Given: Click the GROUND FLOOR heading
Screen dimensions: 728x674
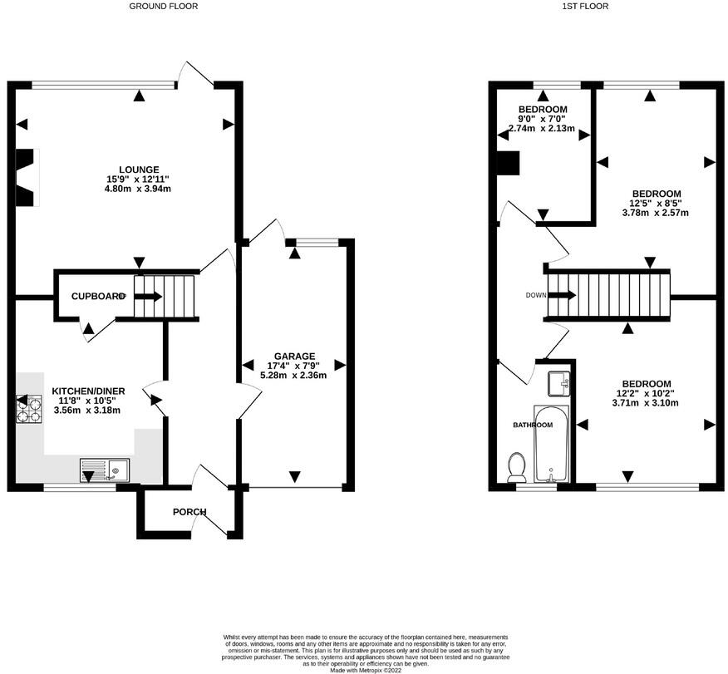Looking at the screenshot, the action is click(x=163, y=6).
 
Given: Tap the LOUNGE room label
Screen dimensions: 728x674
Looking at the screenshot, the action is click(x=139, y=170).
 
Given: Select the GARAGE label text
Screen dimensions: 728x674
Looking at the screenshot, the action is click(x=294, y=357).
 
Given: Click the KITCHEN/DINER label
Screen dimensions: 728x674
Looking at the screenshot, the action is click(x=88, y=391).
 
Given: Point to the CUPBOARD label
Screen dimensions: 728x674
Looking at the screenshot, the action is click(x=98, y=296).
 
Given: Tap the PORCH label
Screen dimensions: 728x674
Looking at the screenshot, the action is click(x=189, y=512).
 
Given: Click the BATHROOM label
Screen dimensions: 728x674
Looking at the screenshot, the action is click(x=533, y=425).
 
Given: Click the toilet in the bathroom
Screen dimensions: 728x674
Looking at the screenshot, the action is click(x=516, y=467).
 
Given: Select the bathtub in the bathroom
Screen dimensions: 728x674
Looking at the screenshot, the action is click(x=551, y=443).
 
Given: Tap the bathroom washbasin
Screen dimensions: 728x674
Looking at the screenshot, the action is click(x=558, y=383).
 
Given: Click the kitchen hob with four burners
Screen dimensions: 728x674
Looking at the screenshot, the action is click(x=29, y=410).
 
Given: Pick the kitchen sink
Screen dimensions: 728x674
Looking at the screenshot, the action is click(x=106, y=470).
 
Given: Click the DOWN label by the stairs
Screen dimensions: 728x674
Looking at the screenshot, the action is click(x=536, y=295).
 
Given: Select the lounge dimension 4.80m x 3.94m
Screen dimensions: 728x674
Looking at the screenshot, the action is click(x=138, y=189).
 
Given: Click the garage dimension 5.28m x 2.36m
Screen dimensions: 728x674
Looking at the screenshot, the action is click(x=294, y=375).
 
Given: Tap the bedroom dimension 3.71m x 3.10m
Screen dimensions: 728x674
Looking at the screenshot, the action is click(x=646, y=402).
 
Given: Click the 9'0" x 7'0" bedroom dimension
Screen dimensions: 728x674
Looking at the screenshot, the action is click(x=542, y=118).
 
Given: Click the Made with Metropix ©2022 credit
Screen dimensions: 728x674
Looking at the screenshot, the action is click(x=366, y=671).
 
